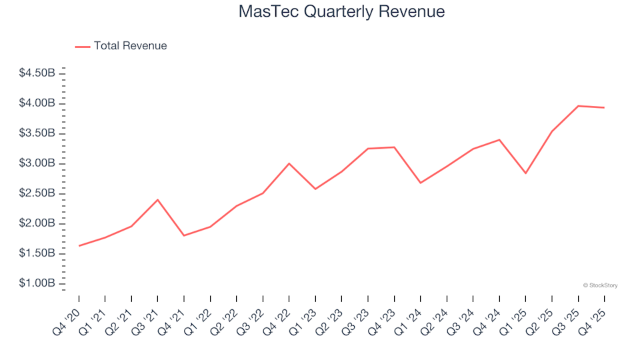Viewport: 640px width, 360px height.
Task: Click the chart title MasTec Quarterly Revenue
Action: point(341,12)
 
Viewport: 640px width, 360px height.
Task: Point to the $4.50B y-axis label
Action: point(37,73)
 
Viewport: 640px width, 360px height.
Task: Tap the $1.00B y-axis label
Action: point(37,283)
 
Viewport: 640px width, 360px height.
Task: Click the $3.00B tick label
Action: point(37,163)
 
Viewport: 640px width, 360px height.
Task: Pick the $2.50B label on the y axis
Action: point(37,193)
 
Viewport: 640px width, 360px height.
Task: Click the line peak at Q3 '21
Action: point(157,200)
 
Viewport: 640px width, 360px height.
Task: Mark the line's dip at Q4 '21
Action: point(184,235)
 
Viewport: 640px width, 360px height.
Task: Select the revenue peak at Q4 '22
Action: point(289,163)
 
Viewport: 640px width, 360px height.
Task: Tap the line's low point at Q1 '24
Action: point(420,183)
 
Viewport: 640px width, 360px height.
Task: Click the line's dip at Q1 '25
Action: point(525,173)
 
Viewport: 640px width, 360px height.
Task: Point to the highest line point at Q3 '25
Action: point(578,106)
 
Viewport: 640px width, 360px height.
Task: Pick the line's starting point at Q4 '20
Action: point(79,245)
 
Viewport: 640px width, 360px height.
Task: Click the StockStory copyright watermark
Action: point(600,285)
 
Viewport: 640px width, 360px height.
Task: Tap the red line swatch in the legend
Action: point(83,47)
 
